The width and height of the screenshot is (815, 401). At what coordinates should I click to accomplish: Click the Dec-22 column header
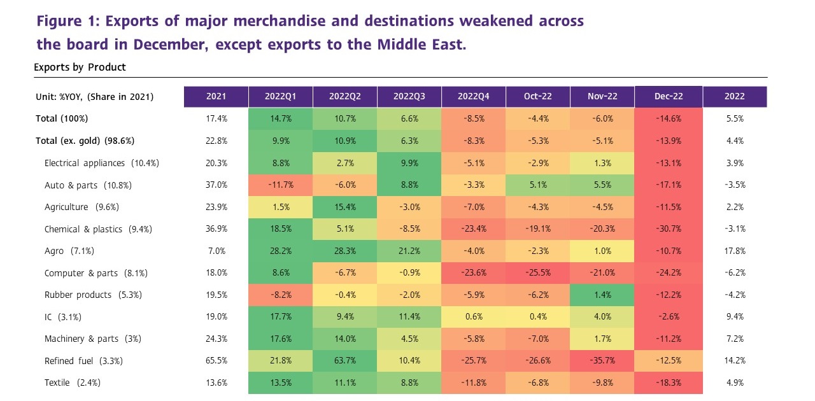point(669,97)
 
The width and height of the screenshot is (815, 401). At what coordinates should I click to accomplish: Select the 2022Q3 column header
point(409,97)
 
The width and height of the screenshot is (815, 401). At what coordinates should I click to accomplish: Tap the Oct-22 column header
point(538,97)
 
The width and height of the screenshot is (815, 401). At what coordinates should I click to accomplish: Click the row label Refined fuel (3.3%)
point(83,361)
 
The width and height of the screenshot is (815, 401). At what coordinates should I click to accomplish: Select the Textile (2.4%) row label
point(73,383)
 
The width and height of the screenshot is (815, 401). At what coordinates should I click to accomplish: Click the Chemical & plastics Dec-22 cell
point(669,229)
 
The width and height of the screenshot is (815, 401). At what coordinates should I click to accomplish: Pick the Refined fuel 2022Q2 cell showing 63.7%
point(344,361)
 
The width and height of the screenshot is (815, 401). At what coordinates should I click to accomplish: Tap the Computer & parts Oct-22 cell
point(538,273)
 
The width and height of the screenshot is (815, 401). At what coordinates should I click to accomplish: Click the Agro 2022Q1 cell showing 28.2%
point(280,251)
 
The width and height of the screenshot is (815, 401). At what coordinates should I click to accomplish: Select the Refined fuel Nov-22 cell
point(602,361)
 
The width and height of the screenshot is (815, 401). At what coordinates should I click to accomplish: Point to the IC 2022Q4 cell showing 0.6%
point(473,317)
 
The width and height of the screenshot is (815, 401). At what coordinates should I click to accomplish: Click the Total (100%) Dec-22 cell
point(669,119)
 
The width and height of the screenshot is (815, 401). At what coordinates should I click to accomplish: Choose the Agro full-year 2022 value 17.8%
point(735,251)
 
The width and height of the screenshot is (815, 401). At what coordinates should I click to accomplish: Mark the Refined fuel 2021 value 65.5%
point(216,361)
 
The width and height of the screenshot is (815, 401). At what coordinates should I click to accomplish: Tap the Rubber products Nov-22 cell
point(602,295)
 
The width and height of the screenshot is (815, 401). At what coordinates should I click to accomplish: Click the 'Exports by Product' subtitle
point(80,67)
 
